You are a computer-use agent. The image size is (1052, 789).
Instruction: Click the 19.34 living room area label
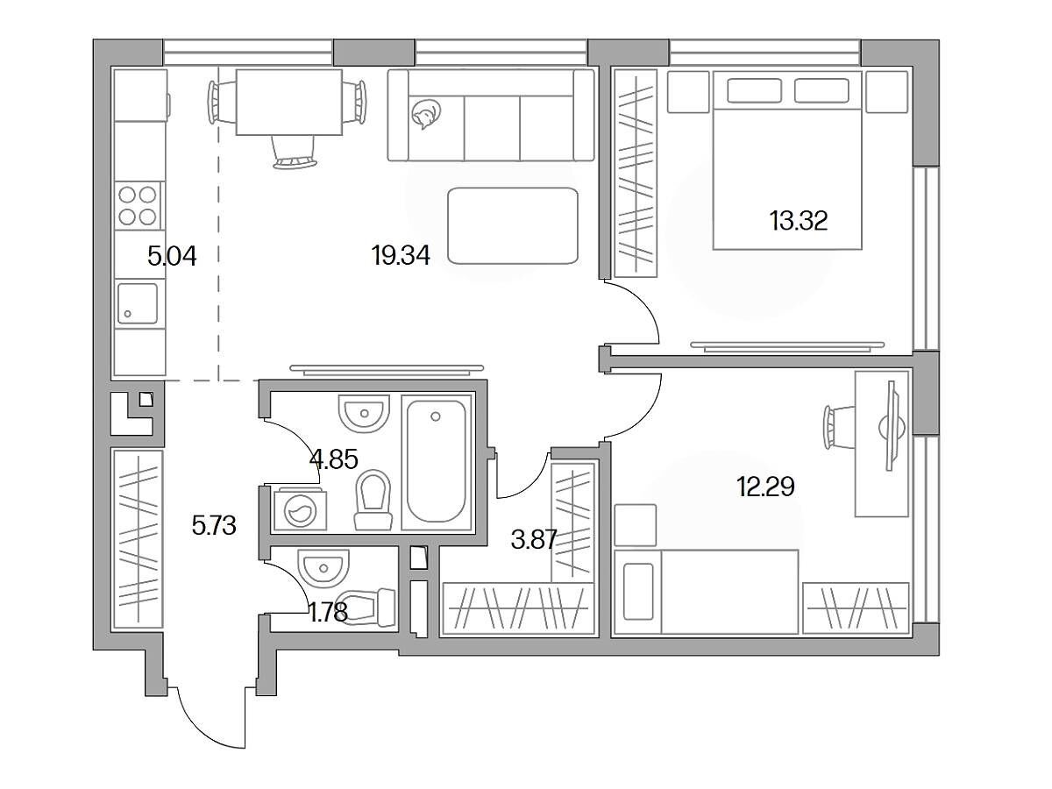[x=401, y=255]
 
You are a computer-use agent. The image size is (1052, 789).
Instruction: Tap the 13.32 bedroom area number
[x=799, y=221]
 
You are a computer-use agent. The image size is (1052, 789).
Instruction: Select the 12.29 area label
[x=765, y=487]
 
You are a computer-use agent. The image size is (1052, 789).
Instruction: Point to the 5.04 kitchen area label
[x=172, y=257]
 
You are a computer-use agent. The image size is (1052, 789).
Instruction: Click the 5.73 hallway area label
[x=214, y=526]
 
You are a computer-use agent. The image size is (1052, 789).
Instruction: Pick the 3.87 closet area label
[x=533, y=540]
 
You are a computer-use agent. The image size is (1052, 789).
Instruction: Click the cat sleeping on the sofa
[x=424, y=115]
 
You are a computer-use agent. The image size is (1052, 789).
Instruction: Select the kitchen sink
[x=138, y=303]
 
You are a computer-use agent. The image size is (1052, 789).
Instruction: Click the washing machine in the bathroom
[x=300, y=510]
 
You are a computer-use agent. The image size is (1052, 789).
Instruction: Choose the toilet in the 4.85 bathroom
[x=373, y=500]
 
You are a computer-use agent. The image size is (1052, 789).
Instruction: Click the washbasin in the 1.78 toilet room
[x=323, y=566]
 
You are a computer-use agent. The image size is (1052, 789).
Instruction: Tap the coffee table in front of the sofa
[x=513, y=225]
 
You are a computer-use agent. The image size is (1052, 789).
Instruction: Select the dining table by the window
[x=289, y=103]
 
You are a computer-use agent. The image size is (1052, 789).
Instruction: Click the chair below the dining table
[x=295, y=152]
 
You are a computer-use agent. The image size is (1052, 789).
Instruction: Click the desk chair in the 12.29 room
[x=839, y=426]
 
